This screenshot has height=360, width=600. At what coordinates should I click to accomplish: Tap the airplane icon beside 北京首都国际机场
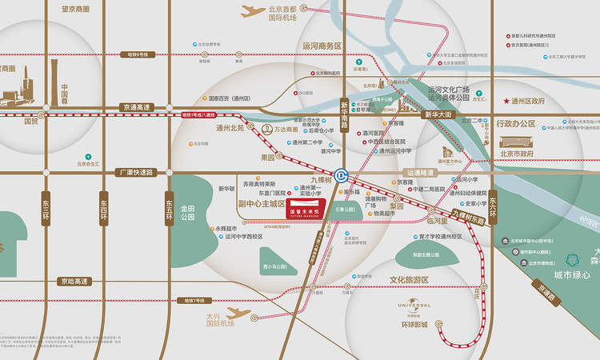[254, 11]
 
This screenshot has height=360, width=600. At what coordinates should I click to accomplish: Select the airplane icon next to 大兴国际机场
[238, 314]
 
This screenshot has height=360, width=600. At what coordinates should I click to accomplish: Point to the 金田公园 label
[188, 212]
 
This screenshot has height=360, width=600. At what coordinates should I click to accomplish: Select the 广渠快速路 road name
[135, 172]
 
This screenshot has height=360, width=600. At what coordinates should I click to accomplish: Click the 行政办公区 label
[516, 124]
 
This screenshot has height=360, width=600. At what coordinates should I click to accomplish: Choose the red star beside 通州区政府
[506, 102]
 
